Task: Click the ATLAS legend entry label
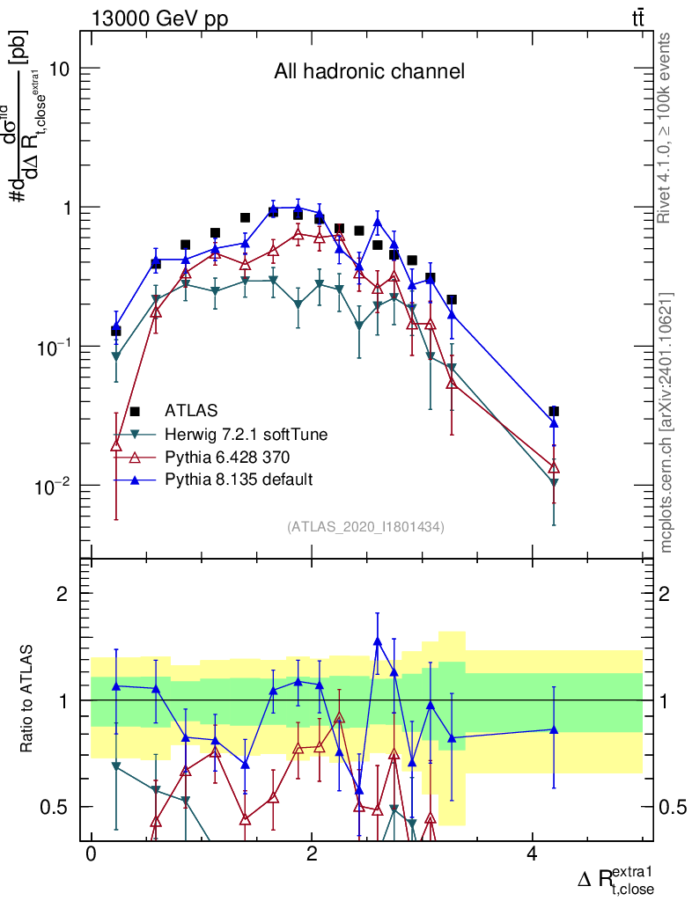(191, 410)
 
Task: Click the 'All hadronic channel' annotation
(369, 72)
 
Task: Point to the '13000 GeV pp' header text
(159, 19)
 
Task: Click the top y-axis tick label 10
(57, 69)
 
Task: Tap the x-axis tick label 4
(533, 854)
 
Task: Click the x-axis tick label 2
(312, 854)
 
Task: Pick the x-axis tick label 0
(91, 854)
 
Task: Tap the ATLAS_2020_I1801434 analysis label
(364, 527)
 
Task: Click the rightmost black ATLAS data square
(554, 411)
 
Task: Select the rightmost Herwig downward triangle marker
(554, 483)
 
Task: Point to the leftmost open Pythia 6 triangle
(115, 445)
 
